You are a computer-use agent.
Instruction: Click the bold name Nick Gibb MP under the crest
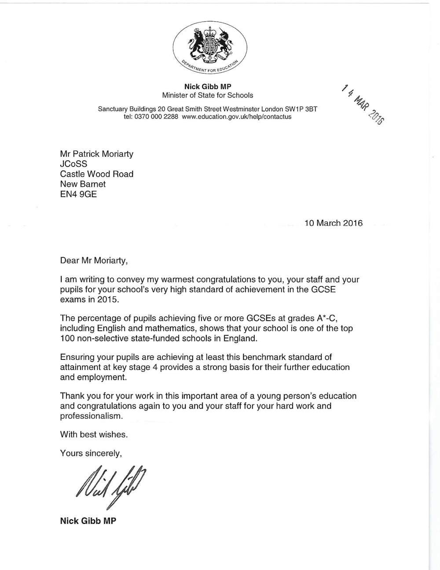click(x=207, y=87)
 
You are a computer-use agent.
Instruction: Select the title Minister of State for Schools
click(x=207, y=95)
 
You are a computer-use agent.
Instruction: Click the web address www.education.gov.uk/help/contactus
click(x=236, y=117)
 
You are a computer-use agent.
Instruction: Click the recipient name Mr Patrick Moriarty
click(x=96, y=154)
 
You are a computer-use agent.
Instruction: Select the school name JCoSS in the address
click(x=73, y=164)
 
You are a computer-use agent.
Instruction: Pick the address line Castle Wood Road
click(x=96, y=174)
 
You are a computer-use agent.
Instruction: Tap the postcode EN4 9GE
click(x=78, y=194)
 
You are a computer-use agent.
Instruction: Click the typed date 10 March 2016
click(x=333, y=223)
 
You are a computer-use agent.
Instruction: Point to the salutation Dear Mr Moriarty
click(x=94, y=260)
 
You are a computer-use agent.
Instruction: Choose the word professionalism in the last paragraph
click(x=91, y=416)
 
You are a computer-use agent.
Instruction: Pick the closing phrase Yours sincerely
click(x=91, y=453)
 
